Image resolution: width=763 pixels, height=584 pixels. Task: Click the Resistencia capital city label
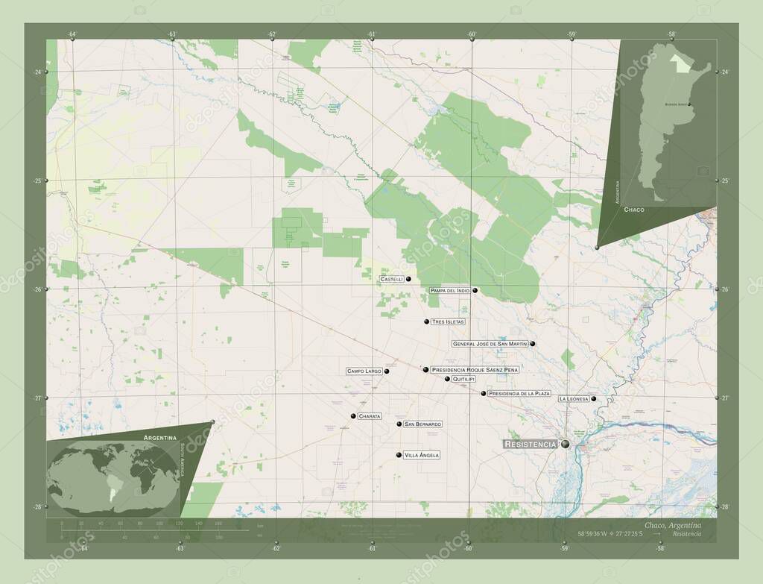[530, 444]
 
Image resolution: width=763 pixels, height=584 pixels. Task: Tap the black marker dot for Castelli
[409, 279]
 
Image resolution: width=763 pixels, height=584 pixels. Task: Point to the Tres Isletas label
[448, 321]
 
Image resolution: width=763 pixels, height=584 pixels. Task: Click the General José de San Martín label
[490, 344]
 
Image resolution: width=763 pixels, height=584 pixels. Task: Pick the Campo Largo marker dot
[387, 371]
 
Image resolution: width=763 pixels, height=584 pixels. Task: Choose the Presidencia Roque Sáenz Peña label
[475, 369]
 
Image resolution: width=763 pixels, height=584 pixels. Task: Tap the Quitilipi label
[463, 379]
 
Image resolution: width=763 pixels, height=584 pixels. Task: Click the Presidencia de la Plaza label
[519, 393]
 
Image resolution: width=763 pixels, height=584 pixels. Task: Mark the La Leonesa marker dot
[594, 399]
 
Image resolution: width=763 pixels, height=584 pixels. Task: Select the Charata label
[370, 415]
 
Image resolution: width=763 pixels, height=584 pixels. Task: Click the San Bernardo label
[422, 424]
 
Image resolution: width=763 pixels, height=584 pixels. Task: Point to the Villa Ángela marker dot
[399, 455]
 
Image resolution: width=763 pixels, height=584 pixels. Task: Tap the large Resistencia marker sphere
[566, 444]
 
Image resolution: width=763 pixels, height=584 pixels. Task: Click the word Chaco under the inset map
[634, 210]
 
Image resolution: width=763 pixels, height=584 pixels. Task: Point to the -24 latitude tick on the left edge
[46, 72]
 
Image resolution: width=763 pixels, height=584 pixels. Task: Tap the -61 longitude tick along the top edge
[372, 40]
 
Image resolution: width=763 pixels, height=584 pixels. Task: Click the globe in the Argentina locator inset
[112, 478]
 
